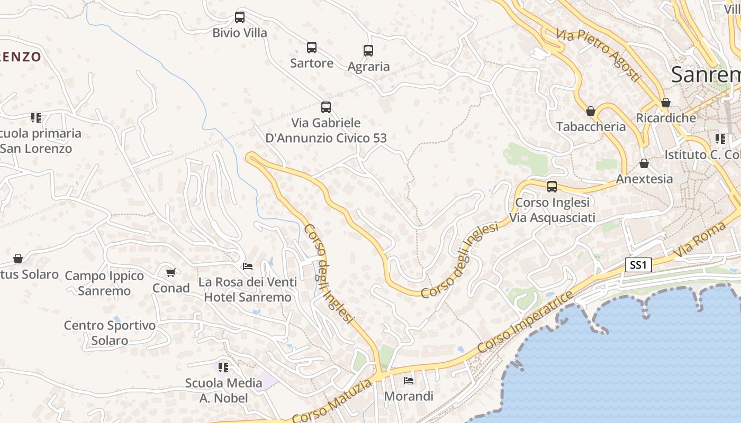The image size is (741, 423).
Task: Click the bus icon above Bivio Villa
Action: coord(240,17)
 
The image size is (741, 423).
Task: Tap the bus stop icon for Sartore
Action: coord(312,48)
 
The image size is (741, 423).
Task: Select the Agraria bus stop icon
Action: coord(368,51)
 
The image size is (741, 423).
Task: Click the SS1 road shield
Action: coord(638,265)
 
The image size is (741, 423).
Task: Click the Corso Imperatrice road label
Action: coord(524,322)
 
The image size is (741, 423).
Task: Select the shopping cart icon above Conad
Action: coord(170,273)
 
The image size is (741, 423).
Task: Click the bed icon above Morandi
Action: coord(409,380)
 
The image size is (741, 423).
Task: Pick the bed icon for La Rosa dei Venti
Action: coord(248,266)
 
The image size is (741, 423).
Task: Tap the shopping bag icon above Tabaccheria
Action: coord(591,111)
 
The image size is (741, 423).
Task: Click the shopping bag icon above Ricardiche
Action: coord(666,103)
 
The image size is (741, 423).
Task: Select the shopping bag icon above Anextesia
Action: coord(644,163)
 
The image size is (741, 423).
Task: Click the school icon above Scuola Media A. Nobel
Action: coord(223,367)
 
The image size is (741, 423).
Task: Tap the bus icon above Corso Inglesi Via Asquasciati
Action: coord(552,187)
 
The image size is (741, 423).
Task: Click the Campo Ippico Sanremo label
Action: coord(104,283)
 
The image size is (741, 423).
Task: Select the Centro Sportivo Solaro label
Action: coord(110,333)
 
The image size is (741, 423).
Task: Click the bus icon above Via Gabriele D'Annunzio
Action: coord(326,107)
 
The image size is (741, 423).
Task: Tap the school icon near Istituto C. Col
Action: coord(720,139)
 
